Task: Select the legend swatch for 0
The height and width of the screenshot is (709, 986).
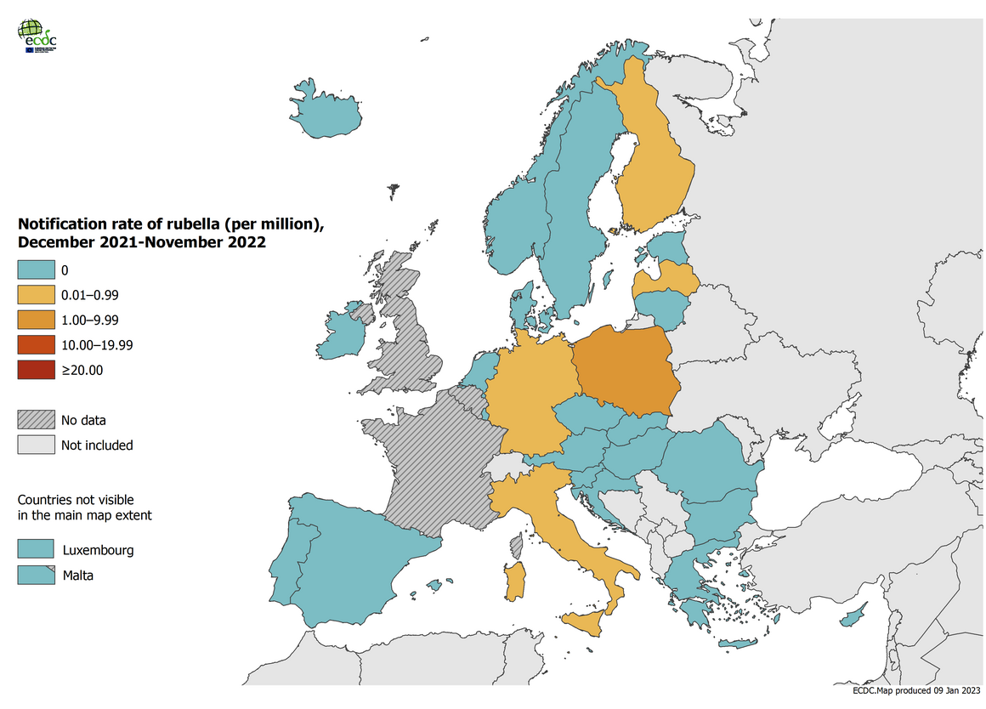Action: [x=31, y=271]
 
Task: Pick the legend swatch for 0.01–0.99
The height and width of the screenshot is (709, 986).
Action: [x=31, y=296]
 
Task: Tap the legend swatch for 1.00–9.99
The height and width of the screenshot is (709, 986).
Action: [x=31, y=320]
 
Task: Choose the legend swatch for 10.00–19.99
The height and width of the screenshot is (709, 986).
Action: [x=31, y=345]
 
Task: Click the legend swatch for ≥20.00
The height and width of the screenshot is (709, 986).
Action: [x=31, y=370]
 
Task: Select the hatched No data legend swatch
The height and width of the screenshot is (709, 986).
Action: [x=31, y=420]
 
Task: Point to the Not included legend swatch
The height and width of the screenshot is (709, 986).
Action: [x=31, y=445]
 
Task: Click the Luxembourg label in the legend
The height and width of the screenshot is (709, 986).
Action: [x=98, y=550]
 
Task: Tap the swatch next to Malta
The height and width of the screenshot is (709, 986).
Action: [x=31, y=576]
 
